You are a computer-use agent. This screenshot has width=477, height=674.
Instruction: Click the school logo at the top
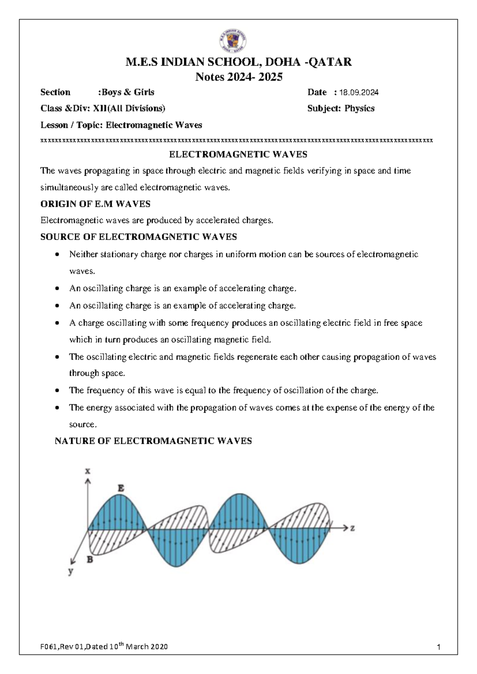tap(233, 41)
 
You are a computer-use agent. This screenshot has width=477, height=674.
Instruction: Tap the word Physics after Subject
tap(359, 108)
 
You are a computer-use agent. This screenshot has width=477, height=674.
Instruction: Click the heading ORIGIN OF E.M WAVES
tap(95, 204)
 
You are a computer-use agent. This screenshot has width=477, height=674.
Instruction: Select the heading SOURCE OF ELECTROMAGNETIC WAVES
tap(139, 237)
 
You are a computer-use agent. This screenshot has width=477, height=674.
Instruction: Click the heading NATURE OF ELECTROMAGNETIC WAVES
tap(153, 441)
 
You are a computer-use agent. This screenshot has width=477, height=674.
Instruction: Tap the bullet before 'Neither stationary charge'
tap(58, 254)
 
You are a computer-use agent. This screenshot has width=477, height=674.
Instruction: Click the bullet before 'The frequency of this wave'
tap(58, 391)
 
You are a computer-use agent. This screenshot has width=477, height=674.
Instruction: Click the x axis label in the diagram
tap(88, 471)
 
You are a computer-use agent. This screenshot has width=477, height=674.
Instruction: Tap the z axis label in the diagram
tap(352, 528)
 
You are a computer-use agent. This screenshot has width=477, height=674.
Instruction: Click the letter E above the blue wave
tap(121, 488)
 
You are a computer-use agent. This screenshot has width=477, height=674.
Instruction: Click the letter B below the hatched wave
tap(90, 560)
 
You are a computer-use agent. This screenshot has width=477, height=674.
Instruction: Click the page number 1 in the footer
tap(438, 647)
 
